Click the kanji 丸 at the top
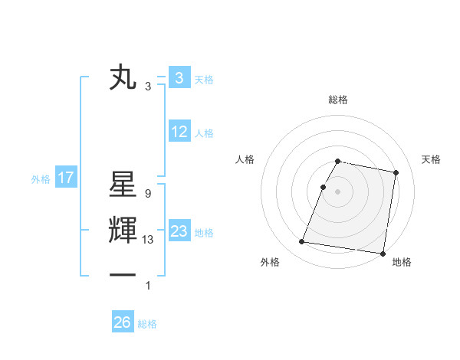(123, 77)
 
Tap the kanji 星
(123, 186)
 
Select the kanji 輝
(123, 231)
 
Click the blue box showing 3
(179, 78)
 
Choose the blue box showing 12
(179, 132)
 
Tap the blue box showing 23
(179, 231)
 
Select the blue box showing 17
(66, 178)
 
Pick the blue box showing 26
(123, 322)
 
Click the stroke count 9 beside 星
(147, 195)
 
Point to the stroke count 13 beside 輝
(149, 240)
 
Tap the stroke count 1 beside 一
(147, 286)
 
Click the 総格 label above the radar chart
(338, 100)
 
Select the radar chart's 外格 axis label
(270, 263)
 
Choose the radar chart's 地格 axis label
(402, 263)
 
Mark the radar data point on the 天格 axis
(396, 173)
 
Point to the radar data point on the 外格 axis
(302, 242)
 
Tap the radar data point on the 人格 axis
(324, 187)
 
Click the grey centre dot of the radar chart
(338, 191)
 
